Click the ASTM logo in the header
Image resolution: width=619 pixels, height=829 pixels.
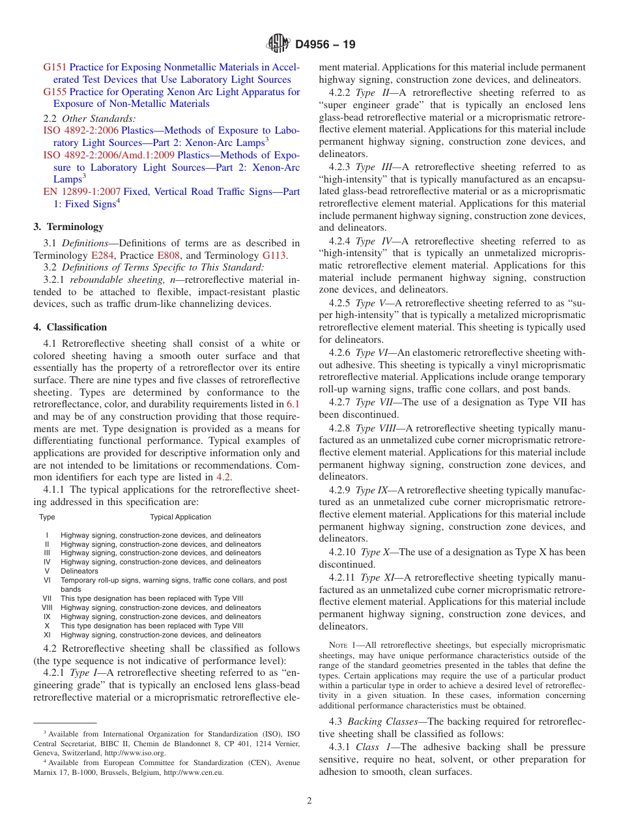pyautogui.click(x=278, y=45)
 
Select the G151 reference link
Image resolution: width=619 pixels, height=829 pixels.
pyautogui.click(x=55, y=67)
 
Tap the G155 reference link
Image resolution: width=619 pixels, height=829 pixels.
pyautogui.click(x=55, y=92)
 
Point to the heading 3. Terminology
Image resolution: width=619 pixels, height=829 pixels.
pyautogui.click(x=68, y=227)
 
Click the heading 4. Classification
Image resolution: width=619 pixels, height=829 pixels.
pyautogui.click(x=70, y=327)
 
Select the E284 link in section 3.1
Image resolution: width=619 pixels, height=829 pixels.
pyautogui.click(x=102, y=256)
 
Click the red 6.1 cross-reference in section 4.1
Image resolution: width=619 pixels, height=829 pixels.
pyautogui.click(x=293, y=405)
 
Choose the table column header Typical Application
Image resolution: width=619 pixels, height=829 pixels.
pyautogui.click(x=180, y=517)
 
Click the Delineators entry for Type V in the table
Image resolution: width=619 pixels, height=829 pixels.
pyautogui.click(x=79, y=571)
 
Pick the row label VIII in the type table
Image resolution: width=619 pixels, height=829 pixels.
pyautogui.click(x=47, y=607)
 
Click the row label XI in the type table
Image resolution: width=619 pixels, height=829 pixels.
pyautogui.click(x=47, y=635)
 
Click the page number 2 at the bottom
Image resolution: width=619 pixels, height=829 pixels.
pyautogui.click(x=309, y=801)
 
